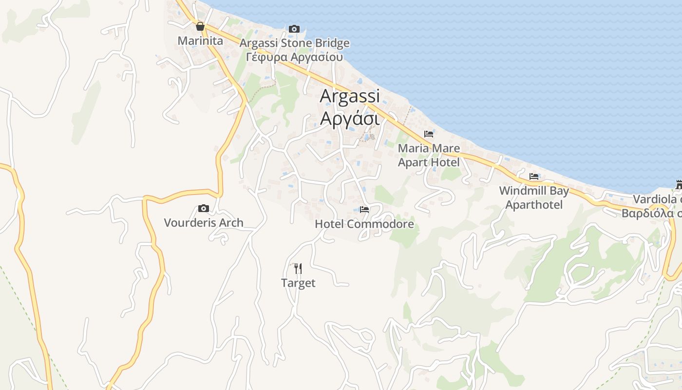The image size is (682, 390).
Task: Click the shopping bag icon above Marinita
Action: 200,26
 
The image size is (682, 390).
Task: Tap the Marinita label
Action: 200,40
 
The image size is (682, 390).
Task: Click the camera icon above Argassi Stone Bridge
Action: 294,29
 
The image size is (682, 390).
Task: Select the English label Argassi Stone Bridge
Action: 294,43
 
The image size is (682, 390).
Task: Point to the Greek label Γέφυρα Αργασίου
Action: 294,57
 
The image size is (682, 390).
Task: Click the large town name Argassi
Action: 349,96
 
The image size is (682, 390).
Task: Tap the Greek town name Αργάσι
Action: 349,118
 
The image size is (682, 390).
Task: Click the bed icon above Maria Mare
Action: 429,134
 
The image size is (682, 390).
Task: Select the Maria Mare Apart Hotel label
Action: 429,155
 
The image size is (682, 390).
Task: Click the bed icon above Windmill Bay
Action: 534,176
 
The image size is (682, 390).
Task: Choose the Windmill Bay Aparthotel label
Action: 534,197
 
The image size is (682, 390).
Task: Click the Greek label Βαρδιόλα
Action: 651,213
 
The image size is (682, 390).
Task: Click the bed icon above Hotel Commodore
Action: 364,210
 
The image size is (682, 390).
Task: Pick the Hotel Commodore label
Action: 364,224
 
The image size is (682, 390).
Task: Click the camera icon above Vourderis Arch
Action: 204,209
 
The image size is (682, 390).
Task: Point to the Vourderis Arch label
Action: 204,223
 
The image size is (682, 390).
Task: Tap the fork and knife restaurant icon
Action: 298,268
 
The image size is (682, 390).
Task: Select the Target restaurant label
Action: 298,283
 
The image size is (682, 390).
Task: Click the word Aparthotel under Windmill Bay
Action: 534,204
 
